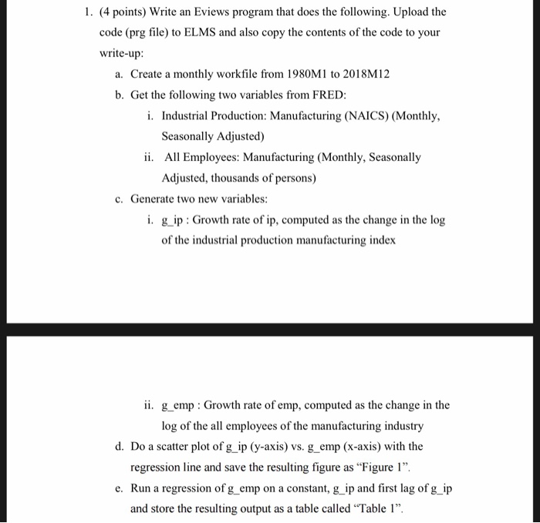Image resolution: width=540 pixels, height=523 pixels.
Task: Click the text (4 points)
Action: (130, 13)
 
